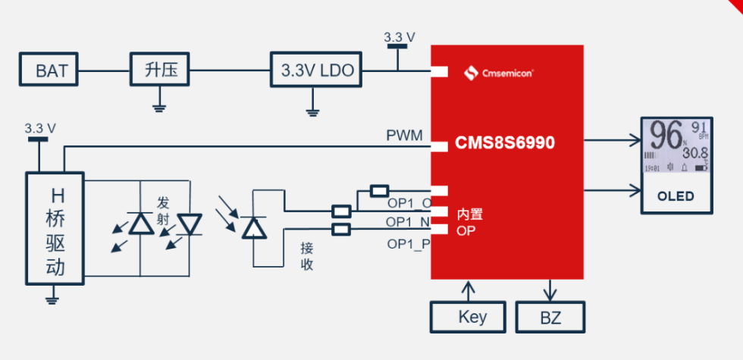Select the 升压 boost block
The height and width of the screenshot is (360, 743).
160,71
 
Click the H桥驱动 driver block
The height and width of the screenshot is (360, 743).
54,228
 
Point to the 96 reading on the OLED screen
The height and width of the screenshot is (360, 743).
665,137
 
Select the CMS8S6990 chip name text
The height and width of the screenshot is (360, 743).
505,142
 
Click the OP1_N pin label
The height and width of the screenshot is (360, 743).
408,221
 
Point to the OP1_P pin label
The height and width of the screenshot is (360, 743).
408,244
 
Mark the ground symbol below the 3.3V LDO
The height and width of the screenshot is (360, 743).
312,113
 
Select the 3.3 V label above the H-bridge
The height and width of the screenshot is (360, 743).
40,128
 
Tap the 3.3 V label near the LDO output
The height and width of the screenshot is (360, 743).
399,37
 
